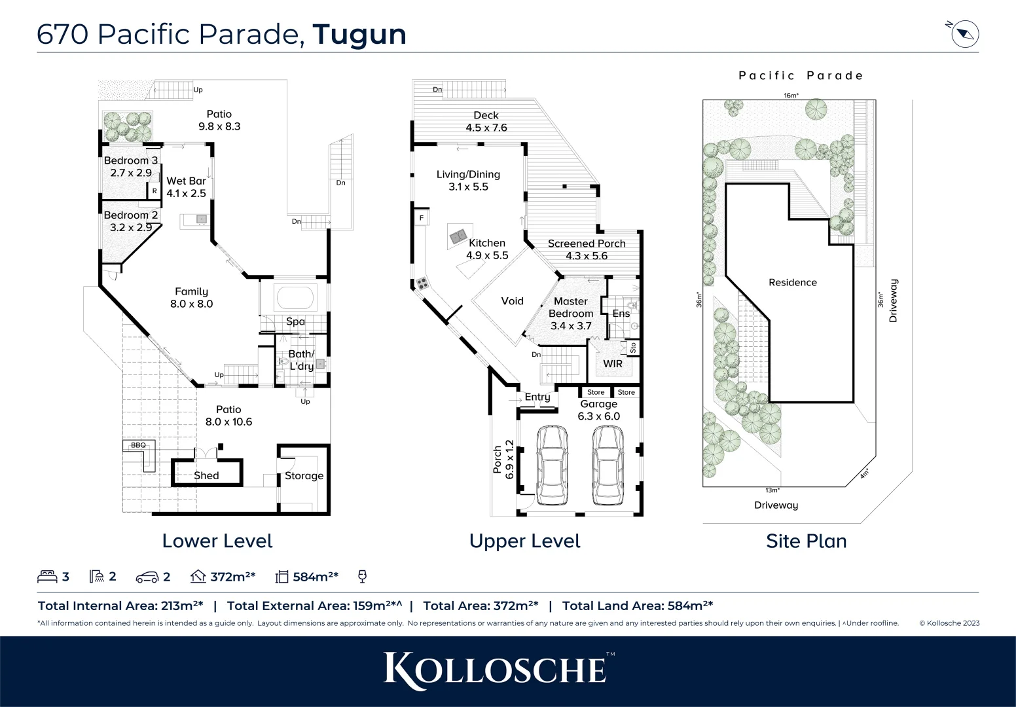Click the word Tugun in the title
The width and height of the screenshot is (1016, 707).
click(359, 35)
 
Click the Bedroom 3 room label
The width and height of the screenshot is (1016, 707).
click(130, 160)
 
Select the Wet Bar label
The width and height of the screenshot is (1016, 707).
click(186, 181)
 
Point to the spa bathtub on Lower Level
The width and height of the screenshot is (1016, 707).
click(295, 299)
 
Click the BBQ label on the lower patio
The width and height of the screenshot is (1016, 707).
click(138, 445)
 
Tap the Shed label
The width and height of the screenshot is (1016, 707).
click(206, 476)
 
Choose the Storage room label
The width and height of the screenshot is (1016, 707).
click(304, 476)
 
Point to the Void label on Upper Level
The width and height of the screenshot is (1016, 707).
click(512, 301)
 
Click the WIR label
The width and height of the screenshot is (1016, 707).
click(613, 364)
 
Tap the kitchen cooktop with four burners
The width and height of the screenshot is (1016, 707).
click(422, 284)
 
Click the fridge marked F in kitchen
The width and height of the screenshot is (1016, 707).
click(422, 217)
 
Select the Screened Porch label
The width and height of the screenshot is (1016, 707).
click(587, 244)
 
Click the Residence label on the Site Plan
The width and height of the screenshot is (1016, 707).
click(792, 283)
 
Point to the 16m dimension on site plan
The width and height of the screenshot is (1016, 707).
click(791, 96)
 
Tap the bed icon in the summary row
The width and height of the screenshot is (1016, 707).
click(47, 577)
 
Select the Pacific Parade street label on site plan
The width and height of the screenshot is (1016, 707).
click(801, 76)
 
